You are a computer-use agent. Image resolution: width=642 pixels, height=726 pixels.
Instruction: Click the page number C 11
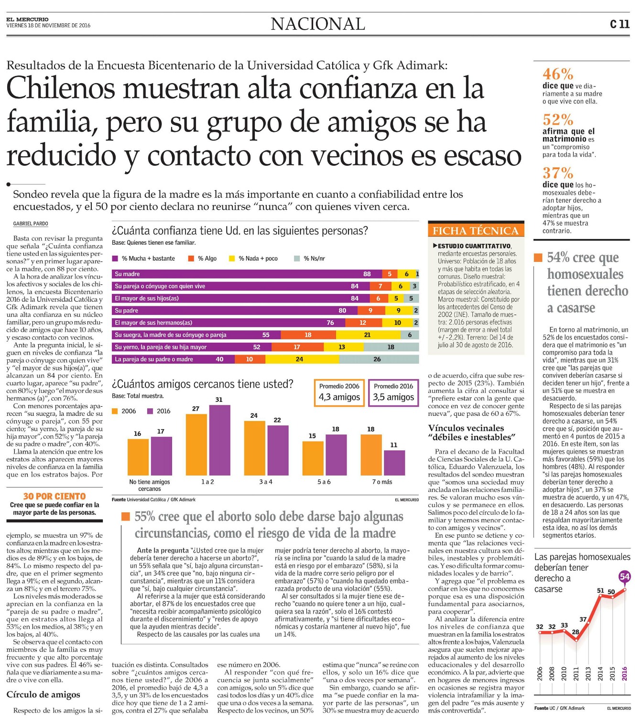620,24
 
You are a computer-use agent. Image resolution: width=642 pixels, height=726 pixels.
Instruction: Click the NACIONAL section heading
318,24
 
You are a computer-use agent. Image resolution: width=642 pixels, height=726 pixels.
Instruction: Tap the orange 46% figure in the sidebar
558,74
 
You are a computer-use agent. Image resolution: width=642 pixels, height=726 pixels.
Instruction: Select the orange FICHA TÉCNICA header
476,230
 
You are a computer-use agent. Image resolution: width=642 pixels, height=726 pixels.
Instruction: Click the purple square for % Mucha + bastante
115,259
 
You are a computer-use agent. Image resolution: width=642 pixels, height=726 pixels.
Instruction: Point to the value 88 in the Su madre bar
367,274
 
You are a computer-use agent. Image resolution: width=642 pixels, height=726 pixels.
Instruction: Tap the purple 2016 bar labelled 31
219,440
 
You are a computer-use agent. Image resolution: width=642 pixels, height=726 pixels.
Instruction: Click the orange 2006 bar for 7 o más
371,455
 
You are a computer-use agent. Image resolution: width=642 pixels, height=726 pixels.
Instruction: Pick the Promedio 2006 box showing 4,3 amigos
339,392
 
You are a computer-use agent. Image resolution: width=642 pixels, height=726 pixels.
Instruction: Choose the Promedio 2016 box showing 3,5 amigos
393,392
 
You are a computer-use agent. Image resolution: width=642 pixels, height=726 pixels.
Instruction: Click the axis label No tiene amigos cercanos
150,485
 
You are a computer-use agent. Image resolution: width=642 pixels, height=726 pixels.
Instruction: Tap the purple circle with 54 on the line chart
624,576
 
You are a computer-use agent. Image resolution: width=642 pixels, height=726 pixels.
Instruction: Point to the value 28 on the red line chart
576,631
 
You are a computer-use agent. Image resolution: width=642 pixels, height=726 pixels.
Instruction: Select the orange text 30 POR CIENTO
54,496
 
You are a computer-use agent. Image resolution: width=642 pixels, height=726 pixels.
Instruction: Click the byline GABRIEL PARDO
31,224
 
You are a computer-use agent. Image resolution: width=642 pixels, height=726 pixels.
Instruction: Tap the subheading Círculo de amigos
44,694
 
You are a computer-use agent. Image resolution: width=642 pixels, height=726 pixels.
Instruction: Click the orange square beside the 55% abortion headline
125,516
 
